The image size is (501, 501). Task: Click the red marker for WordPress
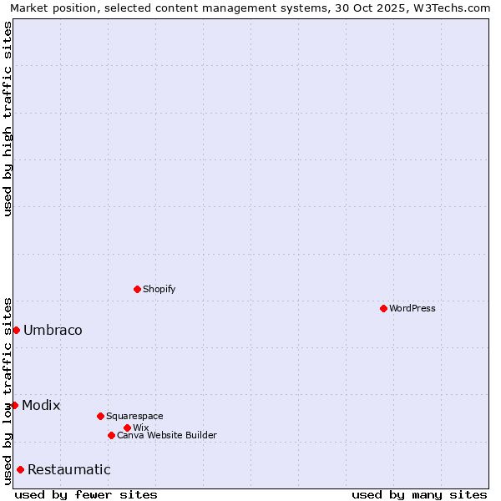[x=383, y=308]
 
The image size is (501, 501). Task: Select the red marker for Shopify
[x=137, y=289]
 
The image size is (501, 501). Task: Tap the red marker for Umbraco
[x=16, y=330]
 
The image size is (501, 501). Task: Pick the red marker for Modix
[x=14, y=405]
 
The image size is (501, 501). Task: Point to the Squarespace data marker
[x=100, y=416]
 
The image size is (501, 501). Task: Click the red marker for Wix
[x=127, y=428]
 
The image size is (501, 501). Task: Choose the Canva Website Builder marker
[x=111, y=435]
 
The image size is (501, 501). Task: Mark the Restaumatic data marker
[x=20, y=469]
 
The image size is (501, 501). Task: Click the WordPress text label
[x=412, y=308]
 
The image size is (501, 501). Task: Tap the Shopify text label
[x=159, y=289]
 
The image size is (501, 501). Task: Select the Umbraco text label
[x=53, y=330]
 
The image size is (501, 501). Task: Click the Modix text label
[x=41, y=405]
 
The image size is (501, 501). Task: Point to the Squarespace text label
[x=134, y=416]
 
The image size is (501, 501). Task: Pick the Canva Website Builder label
[x=167, y=435]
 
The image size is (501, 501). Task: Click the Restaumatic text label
[x=68, y=469]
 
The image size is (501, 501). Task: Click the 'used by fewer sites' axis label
[x=86, y=494]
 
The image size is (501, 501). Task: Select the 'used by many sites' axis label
[x=419, y=494]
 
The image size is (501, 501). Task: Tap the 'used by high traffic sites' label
[x=8, y=119]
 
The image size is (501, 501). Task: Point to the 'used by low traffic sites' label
[x=8, y=390]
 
